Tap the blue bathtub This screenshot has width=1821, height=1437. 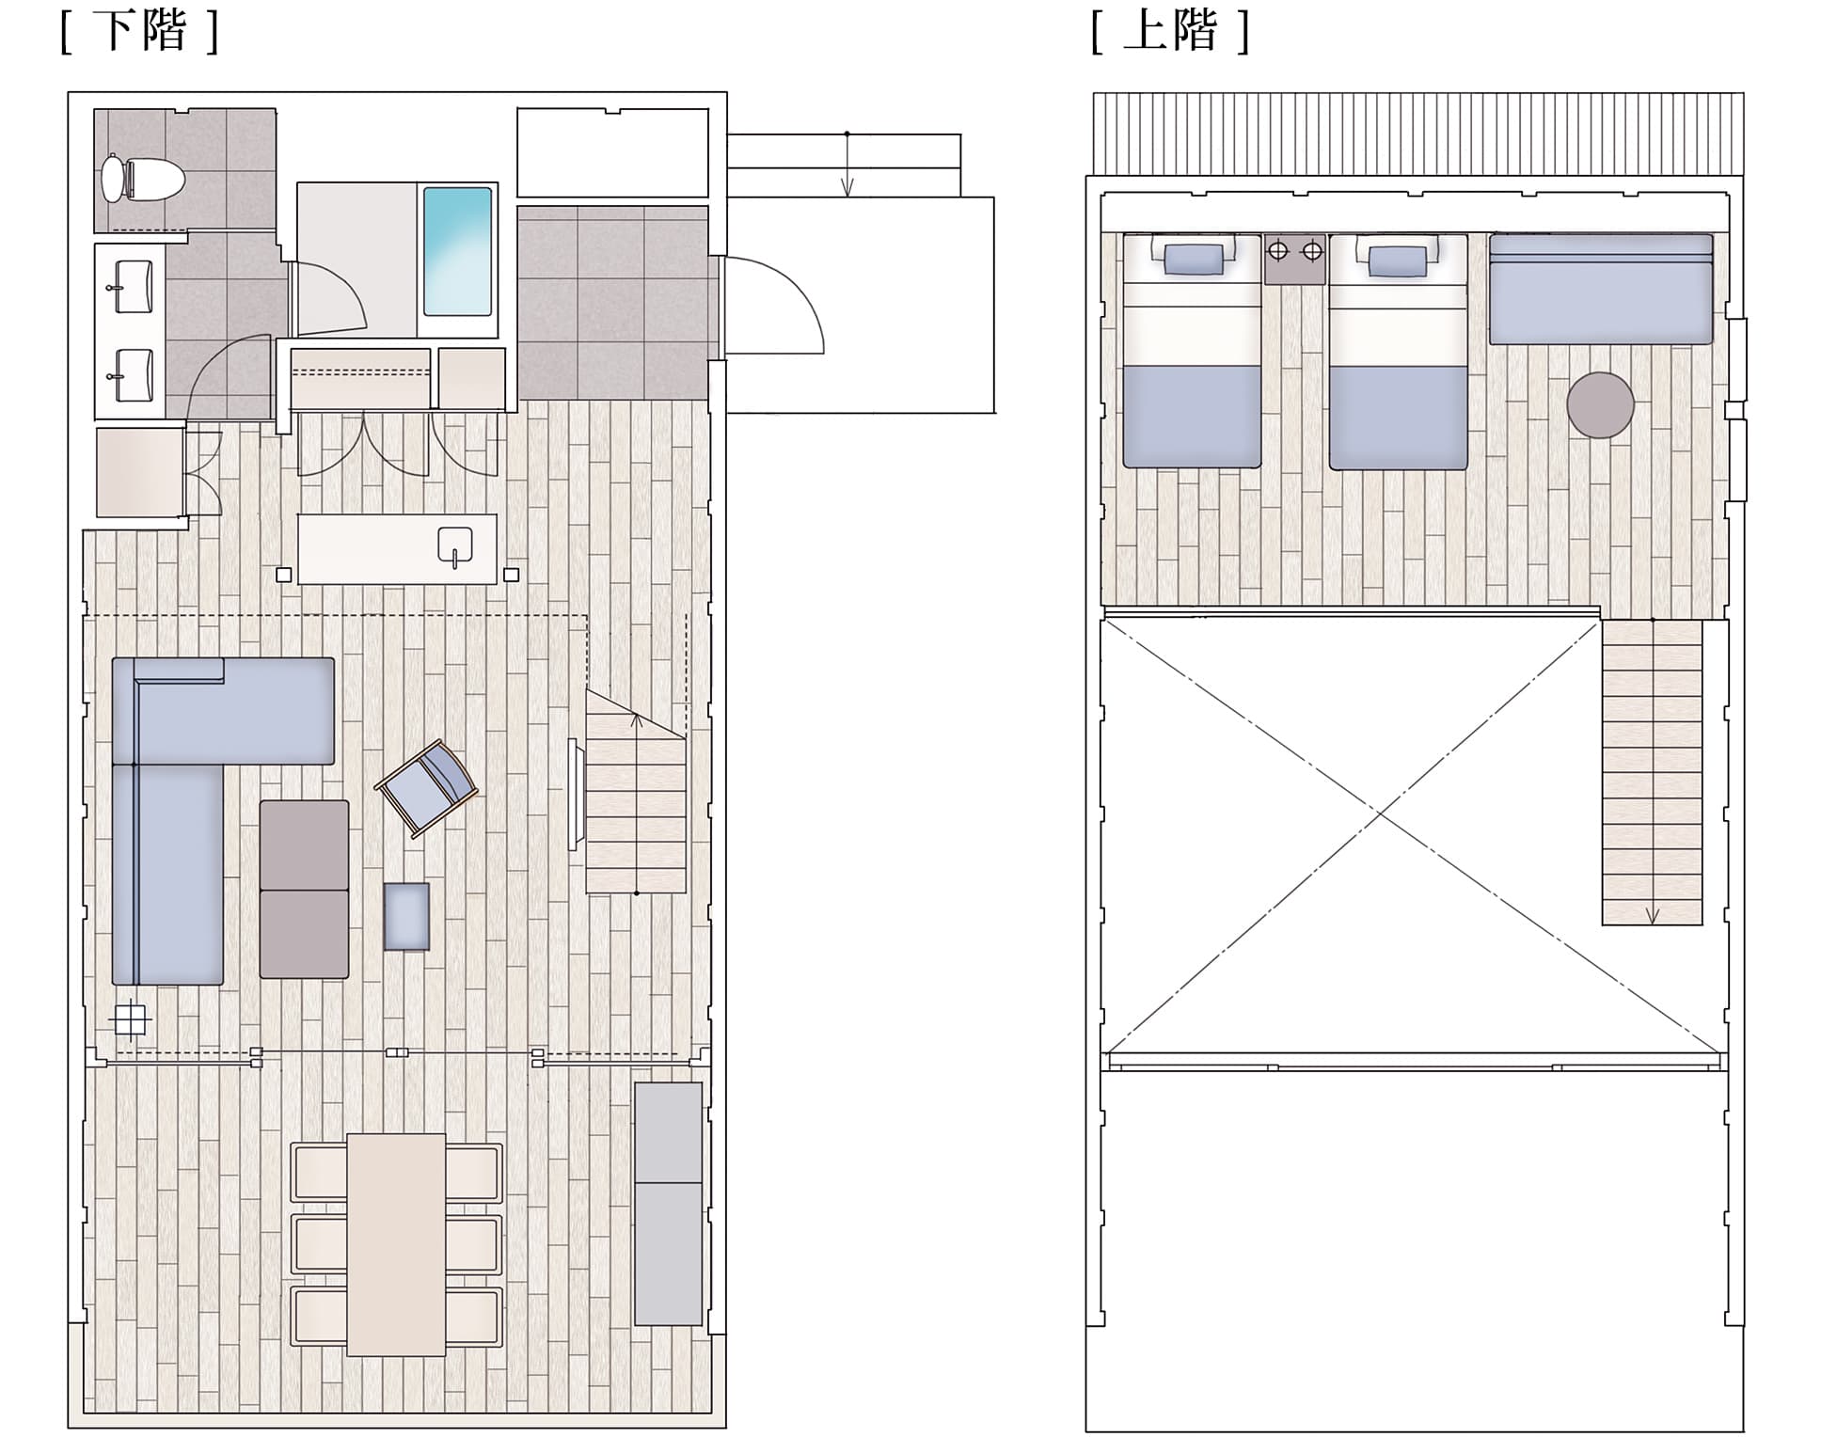(x=458, y=251)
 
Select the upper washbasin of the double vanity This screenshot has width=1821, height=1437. (x=133, y=287)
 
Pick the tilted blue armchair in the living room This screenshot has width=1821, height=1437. (x=427, y=788)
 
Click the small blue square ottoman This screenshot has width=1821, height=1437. (x=406, y=916)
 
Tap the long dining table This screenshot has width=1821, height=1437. (x=396, y=1244)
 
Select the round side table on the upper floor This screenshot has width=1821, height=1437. (x=1600, y=405)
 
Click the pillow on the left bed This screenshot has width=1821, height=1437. (x=1193, y=260)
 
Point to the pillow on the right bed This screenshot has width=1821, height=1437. (x=1398, y=261)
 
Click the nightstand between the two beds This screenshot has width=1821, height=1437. (x=1295, y=260)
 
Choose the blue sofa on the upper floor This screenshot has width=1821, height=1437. (x=1601, y=290)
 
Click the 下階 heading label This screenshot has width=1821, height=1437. (x=140, y=31)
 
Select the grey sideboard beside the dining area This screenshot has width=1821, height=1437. (x=669, y=1204)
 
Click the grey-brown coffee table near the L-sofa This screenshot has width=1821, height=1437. (x=304, y=890)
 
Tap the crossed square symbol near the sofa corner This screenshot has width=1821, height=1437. (x=129, y=1019)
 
